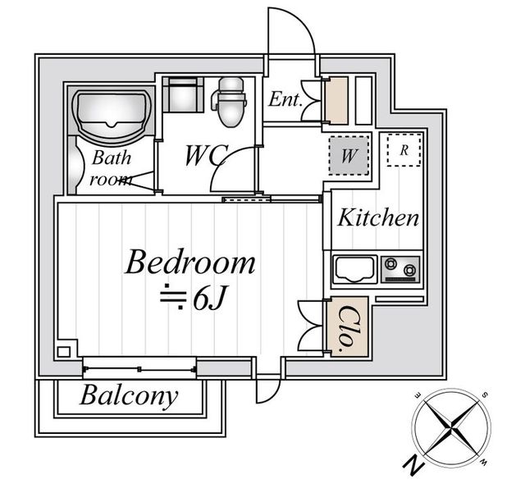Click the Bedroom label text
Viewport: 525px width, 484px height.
[189, 262]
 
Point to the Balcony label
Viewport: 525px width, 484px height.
[129, 396]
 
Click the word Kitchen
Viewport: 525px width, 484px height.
[378, 217]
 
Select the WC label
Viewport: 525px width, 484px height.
[207, 155]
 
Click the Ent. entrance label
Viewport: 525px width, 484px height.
[285, 99]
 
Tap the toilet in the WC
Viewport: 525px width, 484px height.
[230, 102]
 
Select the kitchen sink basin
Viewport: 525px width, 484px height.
[355, 269]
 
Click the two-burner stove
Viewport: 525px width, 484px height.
[401, 269]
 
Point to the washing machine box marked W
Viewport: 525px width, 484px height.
[349, 155]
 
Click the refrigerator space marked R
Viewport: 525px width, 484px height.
[404, 150]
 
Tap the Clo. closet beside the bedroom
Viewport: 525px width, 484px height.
[348, 327]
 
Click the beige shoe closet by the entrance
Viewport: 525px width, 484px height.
[336, 100]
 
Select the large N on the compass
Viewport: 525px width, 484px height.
[413, 465]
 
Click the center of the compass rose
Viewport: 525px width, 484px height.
[452, 427]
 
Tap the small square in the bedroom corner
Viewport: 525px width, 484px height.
[64, 352]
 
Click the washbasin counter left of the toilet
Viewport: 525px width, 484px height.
[183, 94]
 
